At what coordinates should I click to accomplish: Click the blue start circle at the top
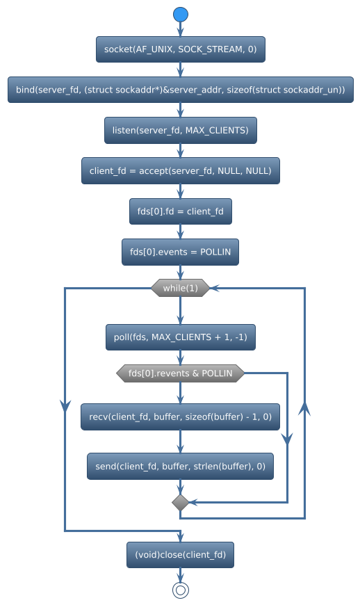point(180,15)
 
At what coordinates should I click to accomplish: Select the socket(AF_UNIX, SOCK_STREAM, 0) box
point(180,49)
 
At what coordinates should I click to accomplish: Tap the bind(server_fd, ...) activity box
point(180,90)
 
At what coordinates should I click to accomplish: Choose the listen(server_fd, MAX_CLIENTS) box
point(180,130)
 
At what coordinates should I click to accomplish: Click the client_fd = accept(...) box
point(180,170)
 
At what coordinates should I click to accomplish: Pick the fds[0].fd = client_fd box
point(180,211)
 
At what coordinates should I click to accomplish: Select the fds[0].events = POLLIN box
point(180,251)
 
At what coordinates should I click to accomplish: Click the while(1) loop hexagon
point(180,288)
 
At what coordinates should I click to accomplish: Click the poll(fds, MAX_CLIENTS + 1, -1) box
point(180,337)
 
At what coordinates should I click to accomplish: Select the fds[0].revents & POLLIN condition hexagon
point(180,373)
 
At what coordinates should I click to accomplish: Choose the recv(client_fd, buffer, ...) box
point(180,417)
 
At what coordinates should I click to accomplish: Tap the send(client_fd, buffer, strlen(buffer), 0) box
point(180,466)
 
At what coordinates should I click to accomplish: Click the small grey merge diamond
point(180,502)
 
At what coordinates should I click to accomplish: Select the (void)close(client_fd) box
point(180,555)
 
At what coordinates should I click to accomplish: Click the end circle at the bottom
point(180,590)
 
